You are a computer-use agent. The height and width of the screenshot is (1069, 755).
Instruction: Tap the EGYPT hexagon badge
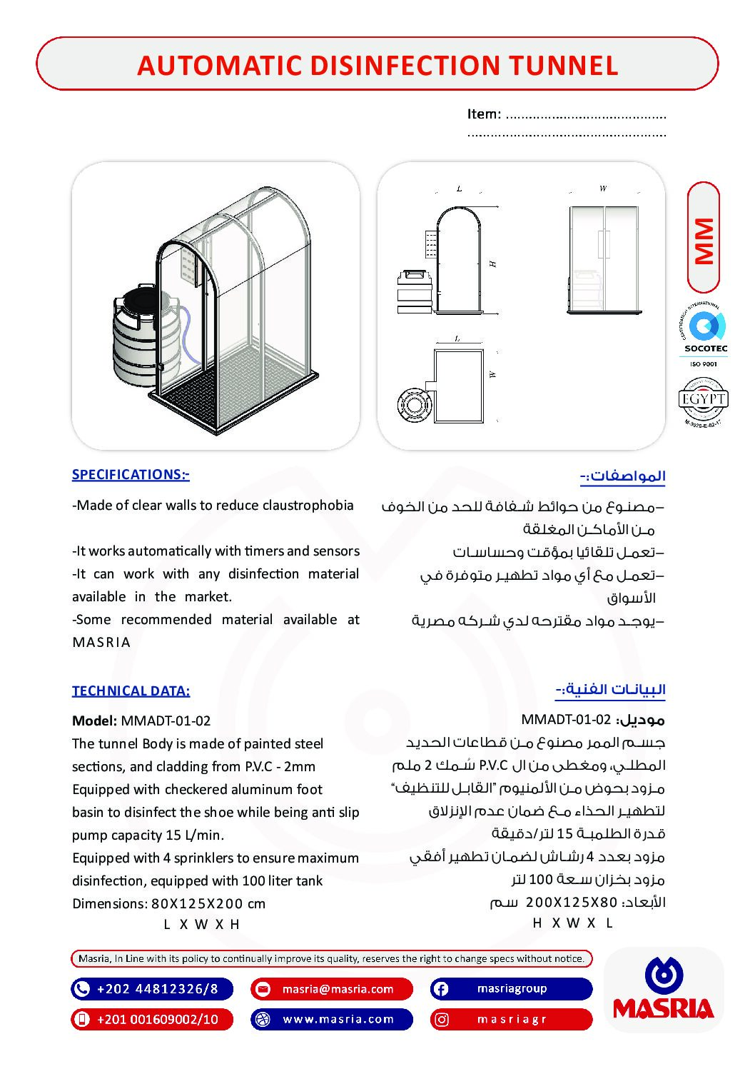[x=703, y=400]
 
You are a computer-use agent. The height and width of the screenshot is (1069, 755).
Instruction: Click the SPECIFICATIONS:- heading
[x=131, y=475]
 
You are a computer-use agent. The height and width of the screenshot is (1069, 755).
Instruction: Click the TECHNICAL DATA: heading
[x=131, y=691]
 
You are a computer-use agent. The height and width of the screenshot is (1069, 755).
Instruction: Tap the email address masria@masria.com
[x=338, y=989]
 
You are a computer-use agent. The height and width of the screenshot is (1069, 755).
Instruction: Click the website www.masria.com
[x=338, y=1019]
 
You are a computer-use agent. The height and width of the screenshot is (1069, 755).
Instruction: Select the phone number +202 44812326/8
[x=157, y=989]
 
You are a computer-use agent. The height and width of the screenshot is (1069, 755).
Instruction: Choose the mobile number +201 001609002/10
[x=158, y=1019]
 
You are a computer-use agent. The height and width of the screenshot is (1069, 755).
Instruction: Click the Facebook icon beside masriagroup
[x=441, y=989]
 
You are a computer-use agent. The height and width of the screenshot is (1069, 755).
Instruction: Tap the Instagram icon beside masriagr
[x=442, y=1019]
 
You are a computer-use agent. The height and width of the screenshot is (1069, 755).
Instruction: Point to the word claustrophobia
[x=308, y=506]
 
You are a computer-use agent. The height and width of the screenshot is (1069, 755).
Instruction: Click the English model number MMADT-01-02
[x=166, y=721]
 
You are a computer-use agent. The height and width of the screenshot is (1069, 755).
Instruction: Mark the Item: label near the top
[x=484, y=114]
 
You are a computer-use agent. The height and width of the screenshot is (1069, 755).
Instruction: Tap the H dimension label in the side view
[x=492, y=264]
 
